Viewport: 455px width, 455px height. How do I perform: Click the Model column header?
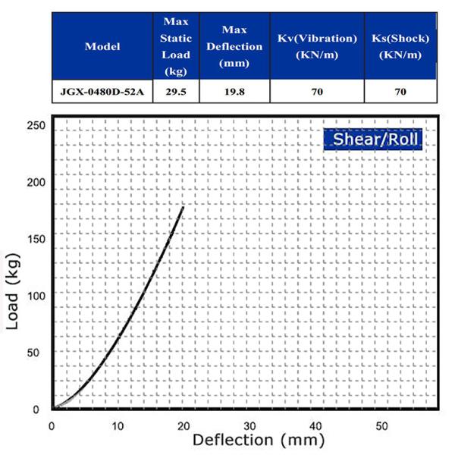[x=102, y=46]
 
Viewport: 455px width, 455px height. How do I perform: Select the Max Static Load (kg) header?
[x=176, y=46]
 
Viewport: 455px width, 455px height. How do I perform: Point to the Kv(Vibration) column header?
[x=318, y=46]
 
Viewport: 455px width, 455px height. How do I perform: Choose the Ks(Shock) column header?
[x=401, y=46]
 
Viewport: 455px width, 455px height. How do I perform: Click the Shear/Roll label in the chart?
[x=372, y=140]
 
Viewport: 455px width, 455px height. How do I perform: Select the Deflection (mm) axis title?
[x=258, y=440]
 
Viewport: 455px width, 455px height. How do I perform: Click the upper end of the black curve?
[x=184, y=207]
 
